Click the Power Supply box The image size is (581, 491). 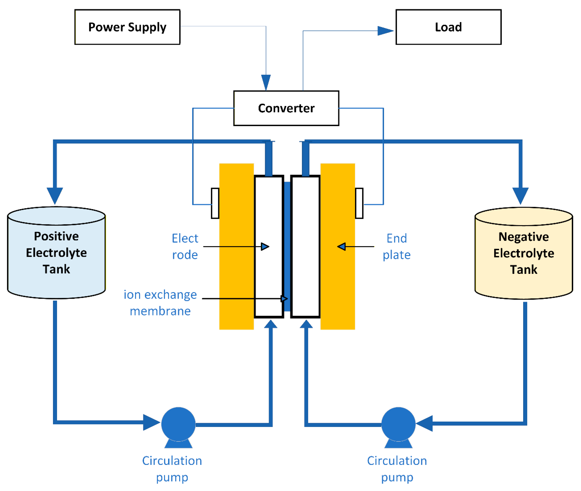[x=127, y=27]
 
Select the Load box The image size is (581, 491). [x=448, y=27]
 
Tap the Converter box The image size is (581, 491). [x=286, y=108]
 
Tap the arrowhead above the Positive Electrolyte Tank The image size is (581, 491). [x=55, y=195]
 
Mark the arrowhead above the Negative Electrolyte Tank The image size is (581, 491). [x=520, y=195]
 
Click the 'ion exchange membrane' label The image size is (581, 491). [x=160, y=303]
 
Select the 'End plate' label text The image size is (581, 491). [x=396, y=246]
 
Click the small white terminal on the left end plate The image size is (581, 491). [x=215, y=203]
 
